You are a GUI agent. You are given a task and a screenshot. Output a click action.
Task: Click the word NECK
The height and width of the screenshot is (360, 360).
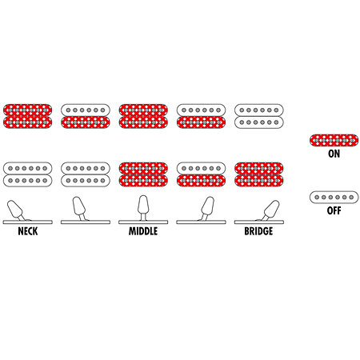click(28, 231)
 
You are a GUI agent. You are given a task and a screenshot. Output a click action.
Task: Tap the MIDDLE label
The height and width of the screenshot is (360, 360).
click(143, 231)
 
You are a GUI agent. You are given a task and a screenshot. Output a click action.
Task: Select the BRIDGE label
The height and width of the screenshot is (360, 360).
click(258, 231)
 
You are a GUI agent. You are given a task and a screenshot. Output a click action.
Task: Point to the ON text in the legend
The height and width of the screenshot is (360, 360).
click(334, 154)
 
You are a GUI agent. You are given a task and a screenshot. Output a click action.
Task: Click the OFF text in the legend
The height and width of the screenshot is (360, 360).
click(334, 210)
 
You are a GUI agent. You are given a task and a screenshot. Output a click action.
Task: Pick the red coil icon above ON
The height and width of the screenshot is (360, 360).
click(334, 140)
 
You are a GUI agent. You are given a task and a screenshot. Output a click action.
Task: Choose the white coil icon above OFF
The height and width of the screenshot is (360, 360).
click(334, 198)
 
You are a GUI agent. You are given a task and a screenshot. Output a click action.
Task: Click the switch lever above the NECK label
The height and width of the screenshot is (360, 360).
click(16, 210)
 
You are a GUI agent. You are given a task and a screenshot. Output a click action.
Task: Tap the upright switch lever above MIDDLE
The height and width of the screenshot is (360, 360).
click(143, 208)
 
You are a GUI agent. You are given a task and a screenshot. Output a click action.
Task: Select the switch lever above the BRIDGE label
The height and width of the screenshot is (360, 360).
click(270, 210)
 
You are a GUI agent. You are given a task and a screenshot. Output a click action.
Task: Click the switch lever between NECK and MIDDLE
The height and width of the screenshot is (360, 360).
click(79, 209)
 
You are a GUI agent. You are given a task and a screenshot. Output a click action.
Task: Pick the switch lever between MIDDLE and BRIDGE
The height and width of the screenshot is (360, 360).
click(206, 209)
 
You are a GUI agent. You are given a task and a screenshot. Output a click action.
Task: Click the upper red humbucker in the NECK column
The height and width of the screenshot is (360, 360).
click(28, 116)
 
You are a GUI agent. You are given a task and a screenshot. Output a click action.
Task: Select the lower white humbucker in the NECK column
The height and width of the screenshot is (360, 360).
click(28, 174)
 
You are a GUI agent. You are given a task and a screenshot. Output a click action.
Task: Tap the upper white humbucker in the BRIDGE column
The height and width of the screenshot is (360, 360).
click(259, 116)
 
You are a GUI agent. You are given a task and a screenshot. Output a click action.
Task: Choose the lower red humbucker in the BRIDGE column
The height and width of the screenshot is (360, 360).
click(259, 174)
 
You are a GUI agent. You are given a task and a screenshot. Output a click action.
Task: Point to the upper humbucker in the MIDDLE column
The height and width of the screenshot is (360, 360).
click(143, 116)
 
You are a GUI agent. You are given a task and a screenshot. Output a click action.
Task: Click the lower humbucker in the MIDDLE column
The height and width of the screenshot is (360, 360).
click(143, 174)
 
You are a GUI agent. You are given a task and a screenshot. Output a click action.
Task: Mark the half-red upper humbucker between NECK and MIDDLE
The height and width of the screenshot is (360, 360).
click(86, 116)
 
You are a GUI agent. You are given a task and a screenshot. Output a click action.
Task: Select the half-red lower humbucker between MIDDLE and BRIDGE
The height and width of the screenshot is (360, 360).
click(201, 174)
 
